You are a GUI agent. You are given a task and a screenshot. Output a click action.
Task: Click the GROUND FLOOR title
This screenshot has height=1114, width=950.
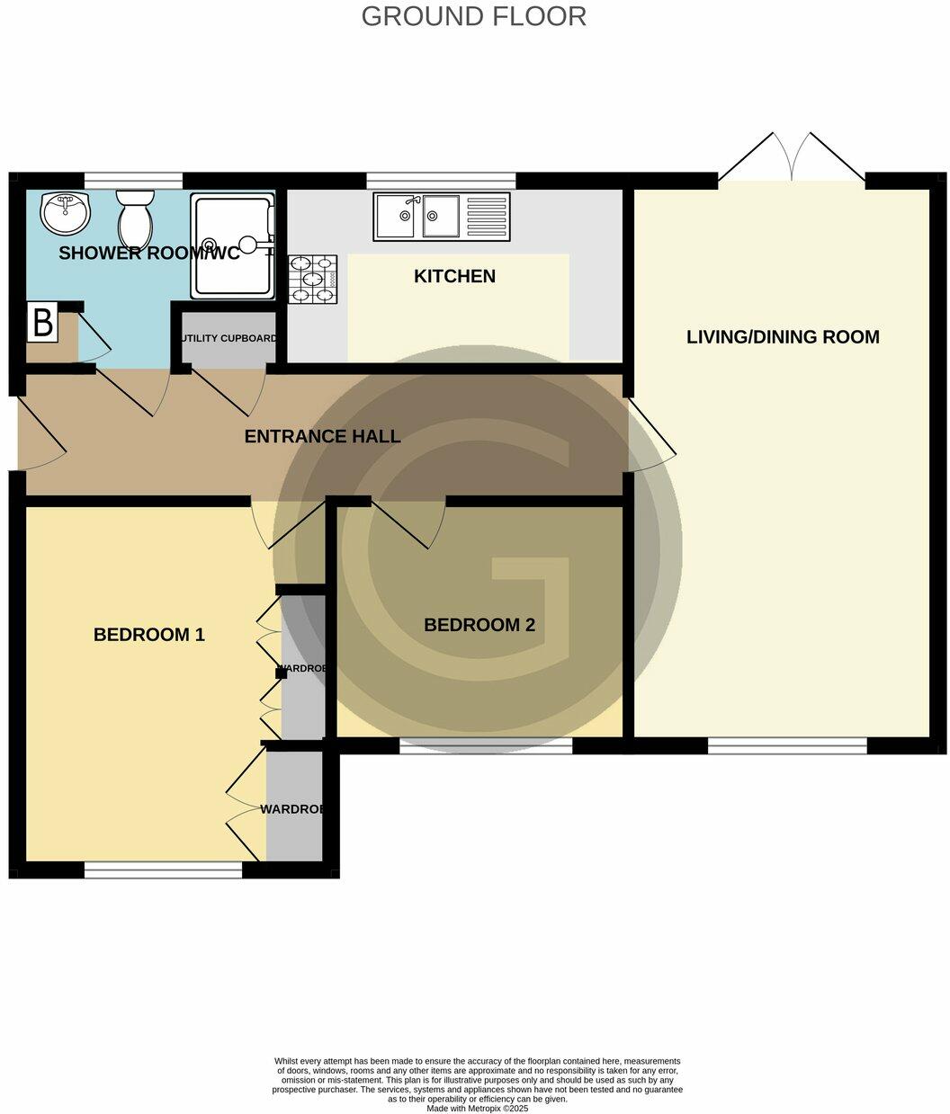[473, 16]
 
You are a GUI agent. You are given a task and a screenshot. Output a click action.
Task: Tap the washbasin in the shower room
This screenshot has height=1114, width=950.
[66, 213]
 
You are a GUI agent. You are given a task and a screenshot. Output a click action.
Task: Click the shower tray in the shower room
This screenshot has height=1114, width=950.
[232, 247]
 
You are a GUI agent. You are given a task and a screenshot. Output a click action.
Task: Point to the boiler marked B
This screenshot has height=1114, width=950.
[42, 323]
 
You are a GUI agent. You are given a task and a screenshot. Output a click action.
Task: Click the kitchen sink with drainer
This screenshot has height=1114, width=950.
[442, 217]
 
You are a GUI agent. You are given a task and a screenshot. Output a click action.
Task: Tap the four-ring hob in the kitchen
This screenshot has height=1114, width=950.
[313, 279]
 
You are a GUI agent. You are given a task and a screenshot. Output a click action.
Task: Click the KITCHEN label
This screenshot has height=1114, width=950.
[454, 276]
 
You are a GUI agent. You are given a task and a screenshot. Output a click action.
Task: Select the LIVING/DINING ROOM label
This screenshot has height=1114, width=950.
[783, 337]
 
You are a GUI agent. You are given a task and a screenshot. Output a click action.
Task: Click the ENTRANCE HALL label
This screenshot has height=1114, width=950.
[322, 437]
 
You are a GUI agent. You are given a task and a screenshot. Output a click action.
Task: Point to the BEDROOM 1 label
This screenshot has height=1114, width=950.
[149, 635]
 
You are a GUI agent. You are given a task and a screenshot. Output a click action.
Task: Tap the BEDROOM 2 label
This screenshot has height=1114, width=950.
[479, 625]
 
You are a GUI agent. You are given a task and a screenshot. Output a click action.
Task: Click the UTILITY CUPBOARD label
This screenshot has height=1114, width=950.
[229, 339]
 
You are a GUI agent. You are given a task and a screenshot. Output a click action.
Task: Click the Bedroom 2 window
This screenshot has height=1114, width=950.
[486, 745]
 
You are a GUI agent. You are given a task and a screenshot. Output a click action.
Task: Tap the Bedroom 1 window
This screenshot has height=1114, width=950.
[164, 869]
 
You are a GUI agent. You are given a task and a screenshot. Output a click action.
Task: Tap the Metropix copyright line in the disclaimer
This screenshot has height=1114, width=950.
[477, 1109]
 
